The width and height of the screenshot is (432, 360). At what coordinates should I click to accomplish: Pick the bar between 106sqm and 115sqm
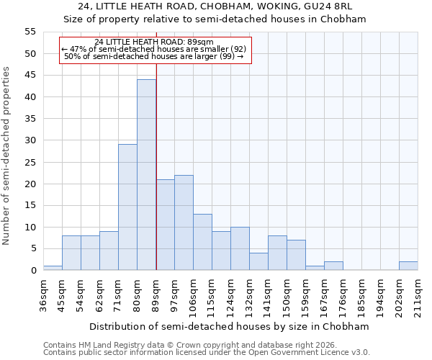(x=202, y=242)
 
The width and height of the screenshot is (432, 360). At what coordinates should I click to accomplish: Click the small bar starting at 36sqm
(x=53, y=268)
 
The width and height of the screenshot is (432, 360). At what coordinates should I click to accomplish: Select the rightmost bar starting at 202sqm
(x=408, y=266)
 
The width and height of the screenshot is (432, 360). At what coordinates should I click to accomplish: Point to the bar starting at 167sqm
(x=333, y=266)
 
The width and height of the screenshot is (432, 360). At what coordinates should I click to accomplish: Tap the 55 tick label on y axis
(x=30, y=32)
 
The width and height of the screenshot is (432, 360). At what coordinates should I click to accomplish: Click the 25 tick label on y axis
(x=30, y=162)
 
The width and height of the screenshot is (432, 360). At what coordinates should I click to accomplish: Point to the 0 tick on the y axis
(x=32, y=271)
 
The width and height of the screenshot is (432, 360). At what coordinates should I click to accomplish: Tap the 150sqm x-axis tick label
(x=287, y=293)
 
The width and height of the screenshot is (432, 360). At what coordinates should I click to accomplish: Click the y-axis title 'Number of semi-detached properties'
(x=6, y=156)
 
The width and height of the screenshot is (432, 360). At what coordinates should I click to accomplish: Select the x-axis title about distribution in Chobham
(x=230, y=326)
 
